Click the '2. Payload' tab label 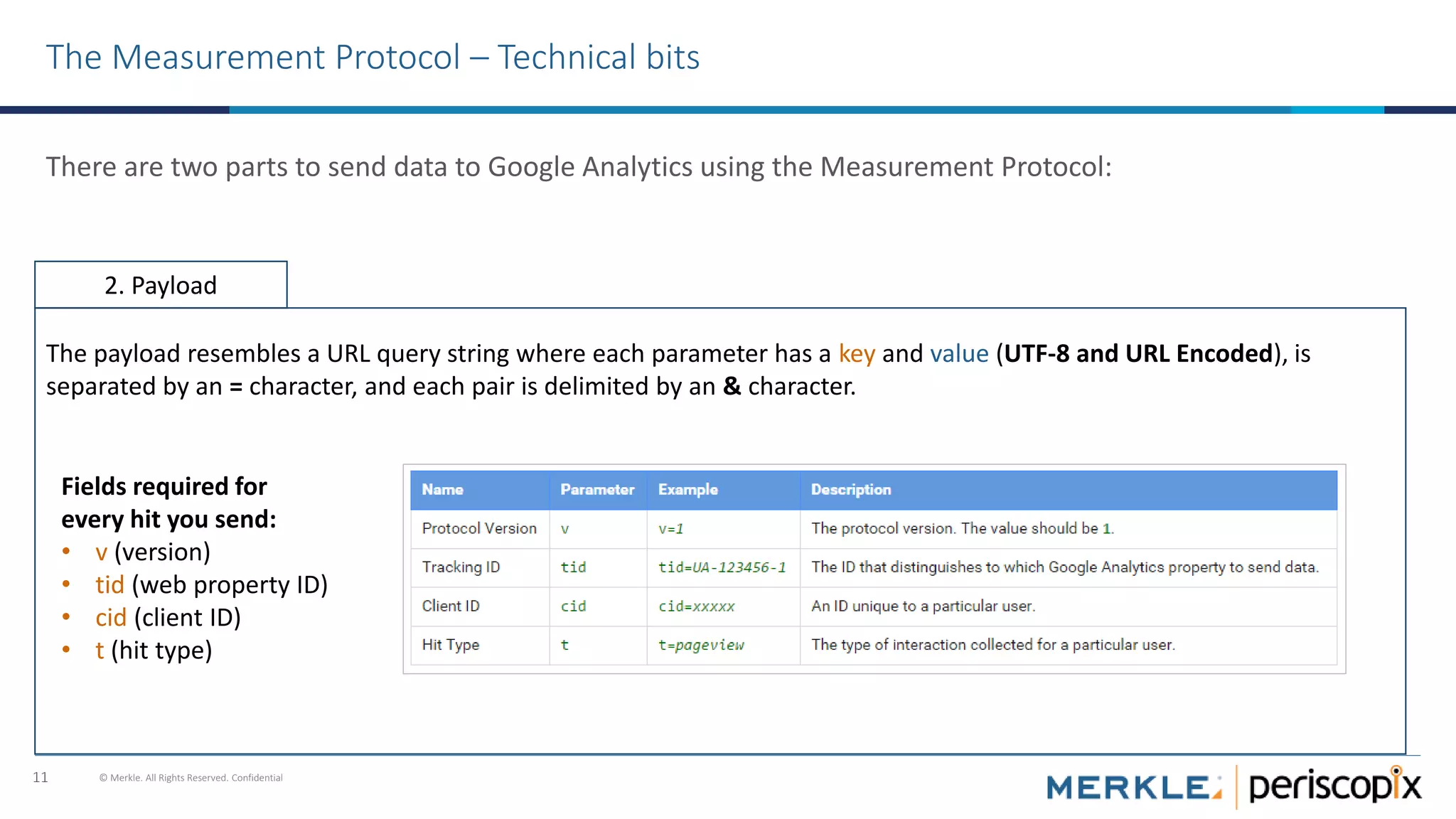click(x=161, y=286)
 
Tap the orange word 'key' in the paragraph click(x=857, y=354)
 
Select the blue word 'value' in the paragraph click(x=959, y=354)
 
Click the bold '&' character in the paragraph click(x=732, y=387)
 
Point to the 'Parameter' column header click(x=596, y=490)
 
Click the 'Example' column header click(x=687, y=490)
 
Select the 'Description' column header click(x=850, y=490)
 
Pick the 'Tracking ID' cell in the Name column click(x=461, y=567)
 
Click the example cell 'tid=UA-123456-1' click(x=722, y=567)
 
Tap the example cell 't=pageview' click(x=701, y=645)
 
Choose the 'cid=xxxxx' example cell click(x=696, y=606)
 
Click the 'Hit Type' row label click(x=450, y=645)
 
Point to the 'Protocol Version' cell click(x=478, y=529)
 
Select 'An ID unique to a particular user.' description click(x=923, y=606)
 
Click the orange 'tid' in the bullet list click(x=109, y=585)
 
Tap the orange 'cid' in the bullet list click(x=111, y=618)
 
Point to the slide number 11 click(x=41, y=778)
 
